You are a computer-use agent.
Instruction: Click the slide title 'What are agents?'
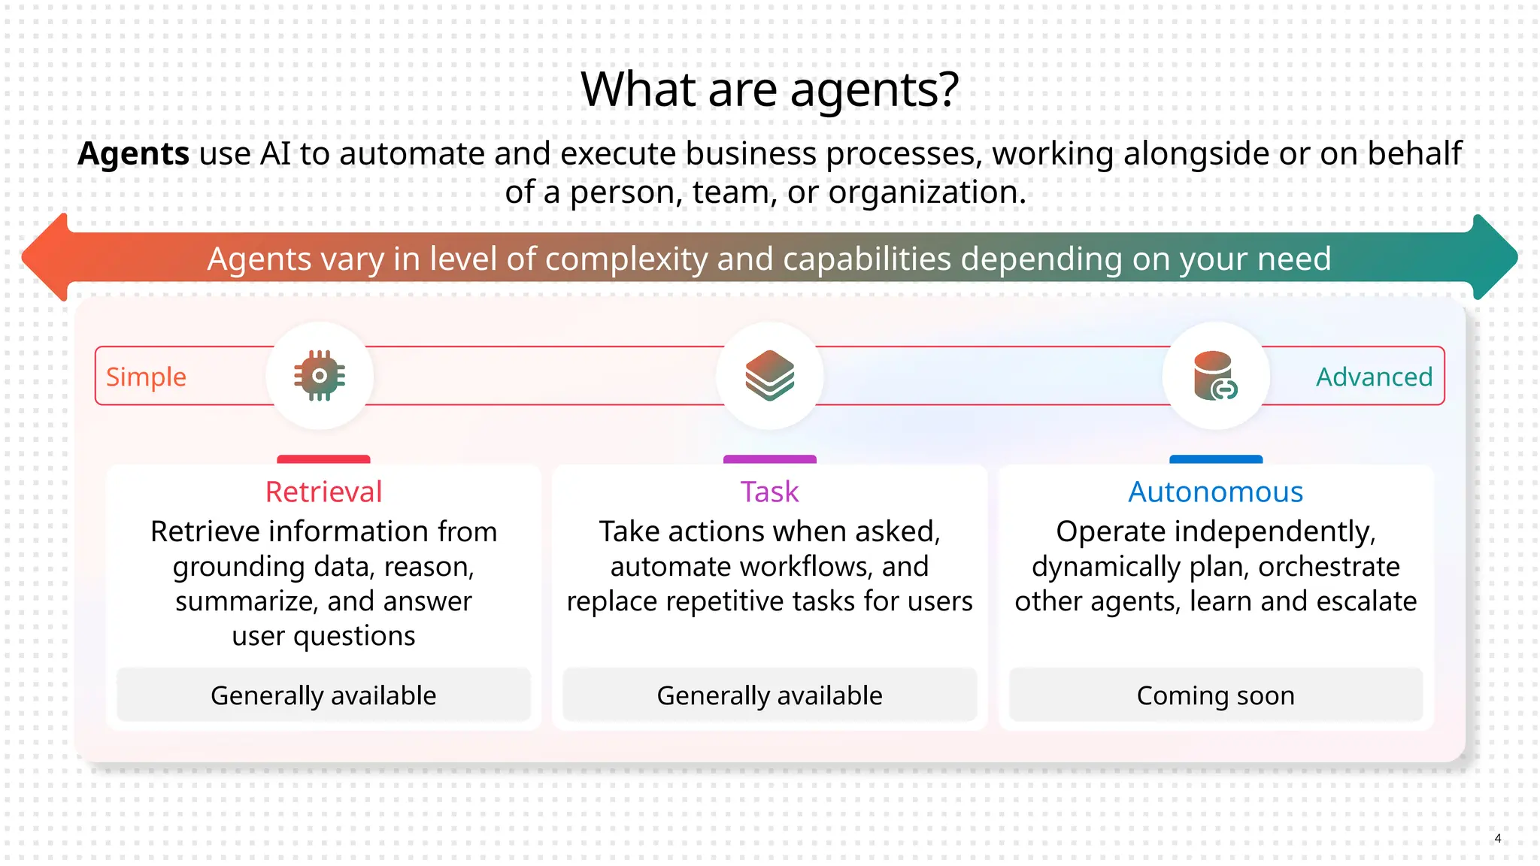pyautogui.click(x=769, y=89)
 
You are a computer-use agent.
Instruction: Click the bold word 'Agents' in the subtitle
pyautogui.click(x=133, y=154)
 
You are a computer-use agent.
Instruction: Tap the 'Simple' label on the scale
pyautogui.click(x=146, y=377)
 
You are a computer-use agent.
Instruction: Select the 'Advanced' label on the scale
pyautogui.click(x=1374, y=377)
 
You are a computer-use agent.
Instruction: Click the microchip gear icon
pyautogui.click(x=320, y=376)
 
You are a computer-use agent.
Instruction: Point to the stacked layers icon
pyautogui.click(x=769, y=376)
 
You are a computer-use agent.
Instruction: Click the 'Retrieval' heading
pyautogui.click(x=323, y=492)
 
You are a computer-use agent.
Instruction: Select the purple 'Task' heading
pyautogui.click(x=769, y=492)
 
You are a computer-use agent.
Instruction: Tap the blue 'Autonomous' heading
pyautogui.click(x=1215, y=492)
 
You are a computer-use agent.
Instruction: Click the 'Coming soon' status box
pyautogui.click(x=1215, y=695)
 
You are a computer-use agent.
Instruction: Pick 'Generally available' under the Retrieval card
pyautogui.click(x=323, y=695)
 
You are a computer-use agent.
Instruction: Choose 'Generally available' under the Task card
pyautogui.click(x=769, y=695)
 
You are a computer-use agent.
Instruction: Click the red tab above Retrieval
pyautogui.click(x=323, y=459)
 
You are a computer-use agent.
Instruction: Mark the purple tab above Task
pyautogui.click(x=769, y=459)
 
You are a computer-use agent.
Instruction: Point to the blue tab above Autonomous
pyautogui.click(x=1215, y=459)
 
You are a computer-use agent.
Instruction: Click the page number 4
pyautogui.click(x=1498, y=838)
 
